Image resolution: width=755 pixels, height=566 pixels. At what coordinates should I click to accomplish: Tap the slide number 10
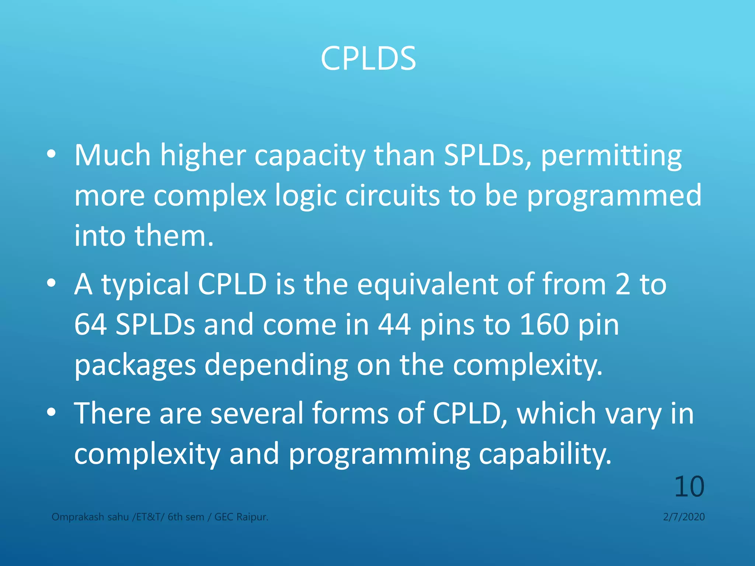[689, 486]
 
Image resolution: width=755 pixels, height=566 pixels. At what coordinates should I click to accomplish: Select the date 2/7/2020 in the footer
[684, 517]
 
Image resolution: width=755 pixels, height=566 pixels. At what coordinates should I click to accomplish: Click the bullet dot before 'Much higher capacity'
[52, 154]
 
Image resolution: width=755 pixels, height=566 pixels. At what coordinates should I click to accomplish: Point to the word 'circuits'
[392, 195]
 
